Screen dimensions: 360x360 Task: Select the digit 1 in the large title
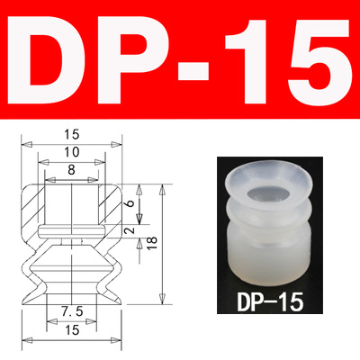coord(253,60)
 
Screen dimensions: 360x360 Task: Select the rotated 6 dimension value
coord(130,205)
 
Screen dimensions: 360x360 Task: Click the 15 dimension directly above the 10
coord(70,134)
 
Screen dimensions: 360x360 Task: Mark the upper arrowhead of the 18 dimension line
coord(161,190)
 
